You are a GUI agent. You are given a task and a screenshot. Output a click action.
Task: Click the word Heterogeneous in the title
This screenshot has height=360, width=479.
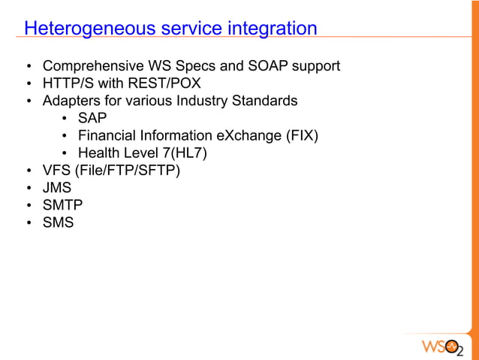pos(83,29)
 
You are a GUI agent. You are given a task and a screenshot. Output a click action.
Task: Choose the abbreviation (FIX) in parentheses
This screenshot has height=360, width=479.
pos(301,136)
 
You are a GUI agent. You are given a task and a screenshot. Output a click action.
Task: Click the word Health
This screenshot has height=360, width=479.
pos(98,153)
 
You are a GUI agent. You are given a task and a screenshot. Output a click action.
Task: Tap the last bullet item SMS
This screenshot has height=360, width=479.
pos(58,222)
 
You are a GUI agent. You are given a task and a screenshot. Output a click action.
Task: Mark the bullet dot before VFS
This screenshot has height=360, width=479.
pos(29,171)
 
